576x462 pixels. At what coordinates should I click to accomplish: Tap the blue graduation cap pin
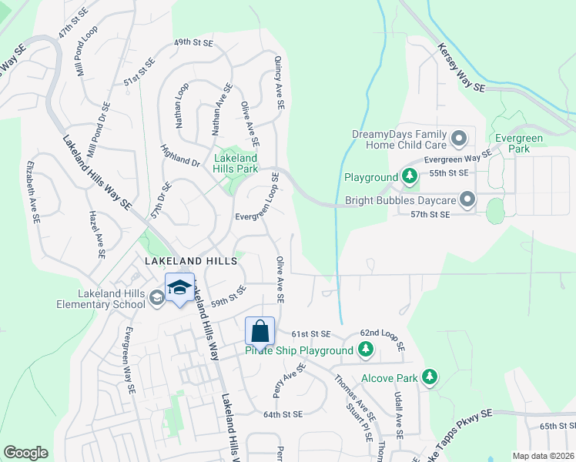[179, 288]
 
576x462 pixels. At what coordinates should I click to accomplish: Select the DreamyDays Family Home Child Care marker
[460, 139]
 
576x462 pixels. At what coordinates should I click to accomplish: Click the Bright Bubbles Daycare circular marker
[467, 200]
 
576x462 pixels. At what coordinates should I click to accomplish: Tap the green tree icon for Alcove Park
[430, 378]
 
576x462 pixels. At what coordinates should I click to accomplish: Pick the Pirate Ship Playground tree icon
[365, 351]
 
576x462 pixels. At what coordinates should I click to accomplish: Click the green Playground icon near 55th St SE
[410, 177]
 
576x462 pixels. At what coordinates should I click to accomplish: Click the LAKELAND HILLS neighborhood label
[190, 262]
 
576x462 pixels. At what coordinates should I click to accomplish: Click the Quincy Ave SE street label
[279, 82]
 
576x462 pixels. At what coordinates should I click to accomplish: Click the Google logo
[25, 452]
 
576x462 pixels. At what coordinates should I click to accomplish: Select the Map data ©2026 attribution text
[543, 456]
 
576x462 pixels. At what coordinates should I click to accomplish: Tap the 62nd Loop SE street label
[382, 334]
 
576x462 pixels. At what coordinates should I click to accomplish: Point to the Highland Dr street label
[180, 155]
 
